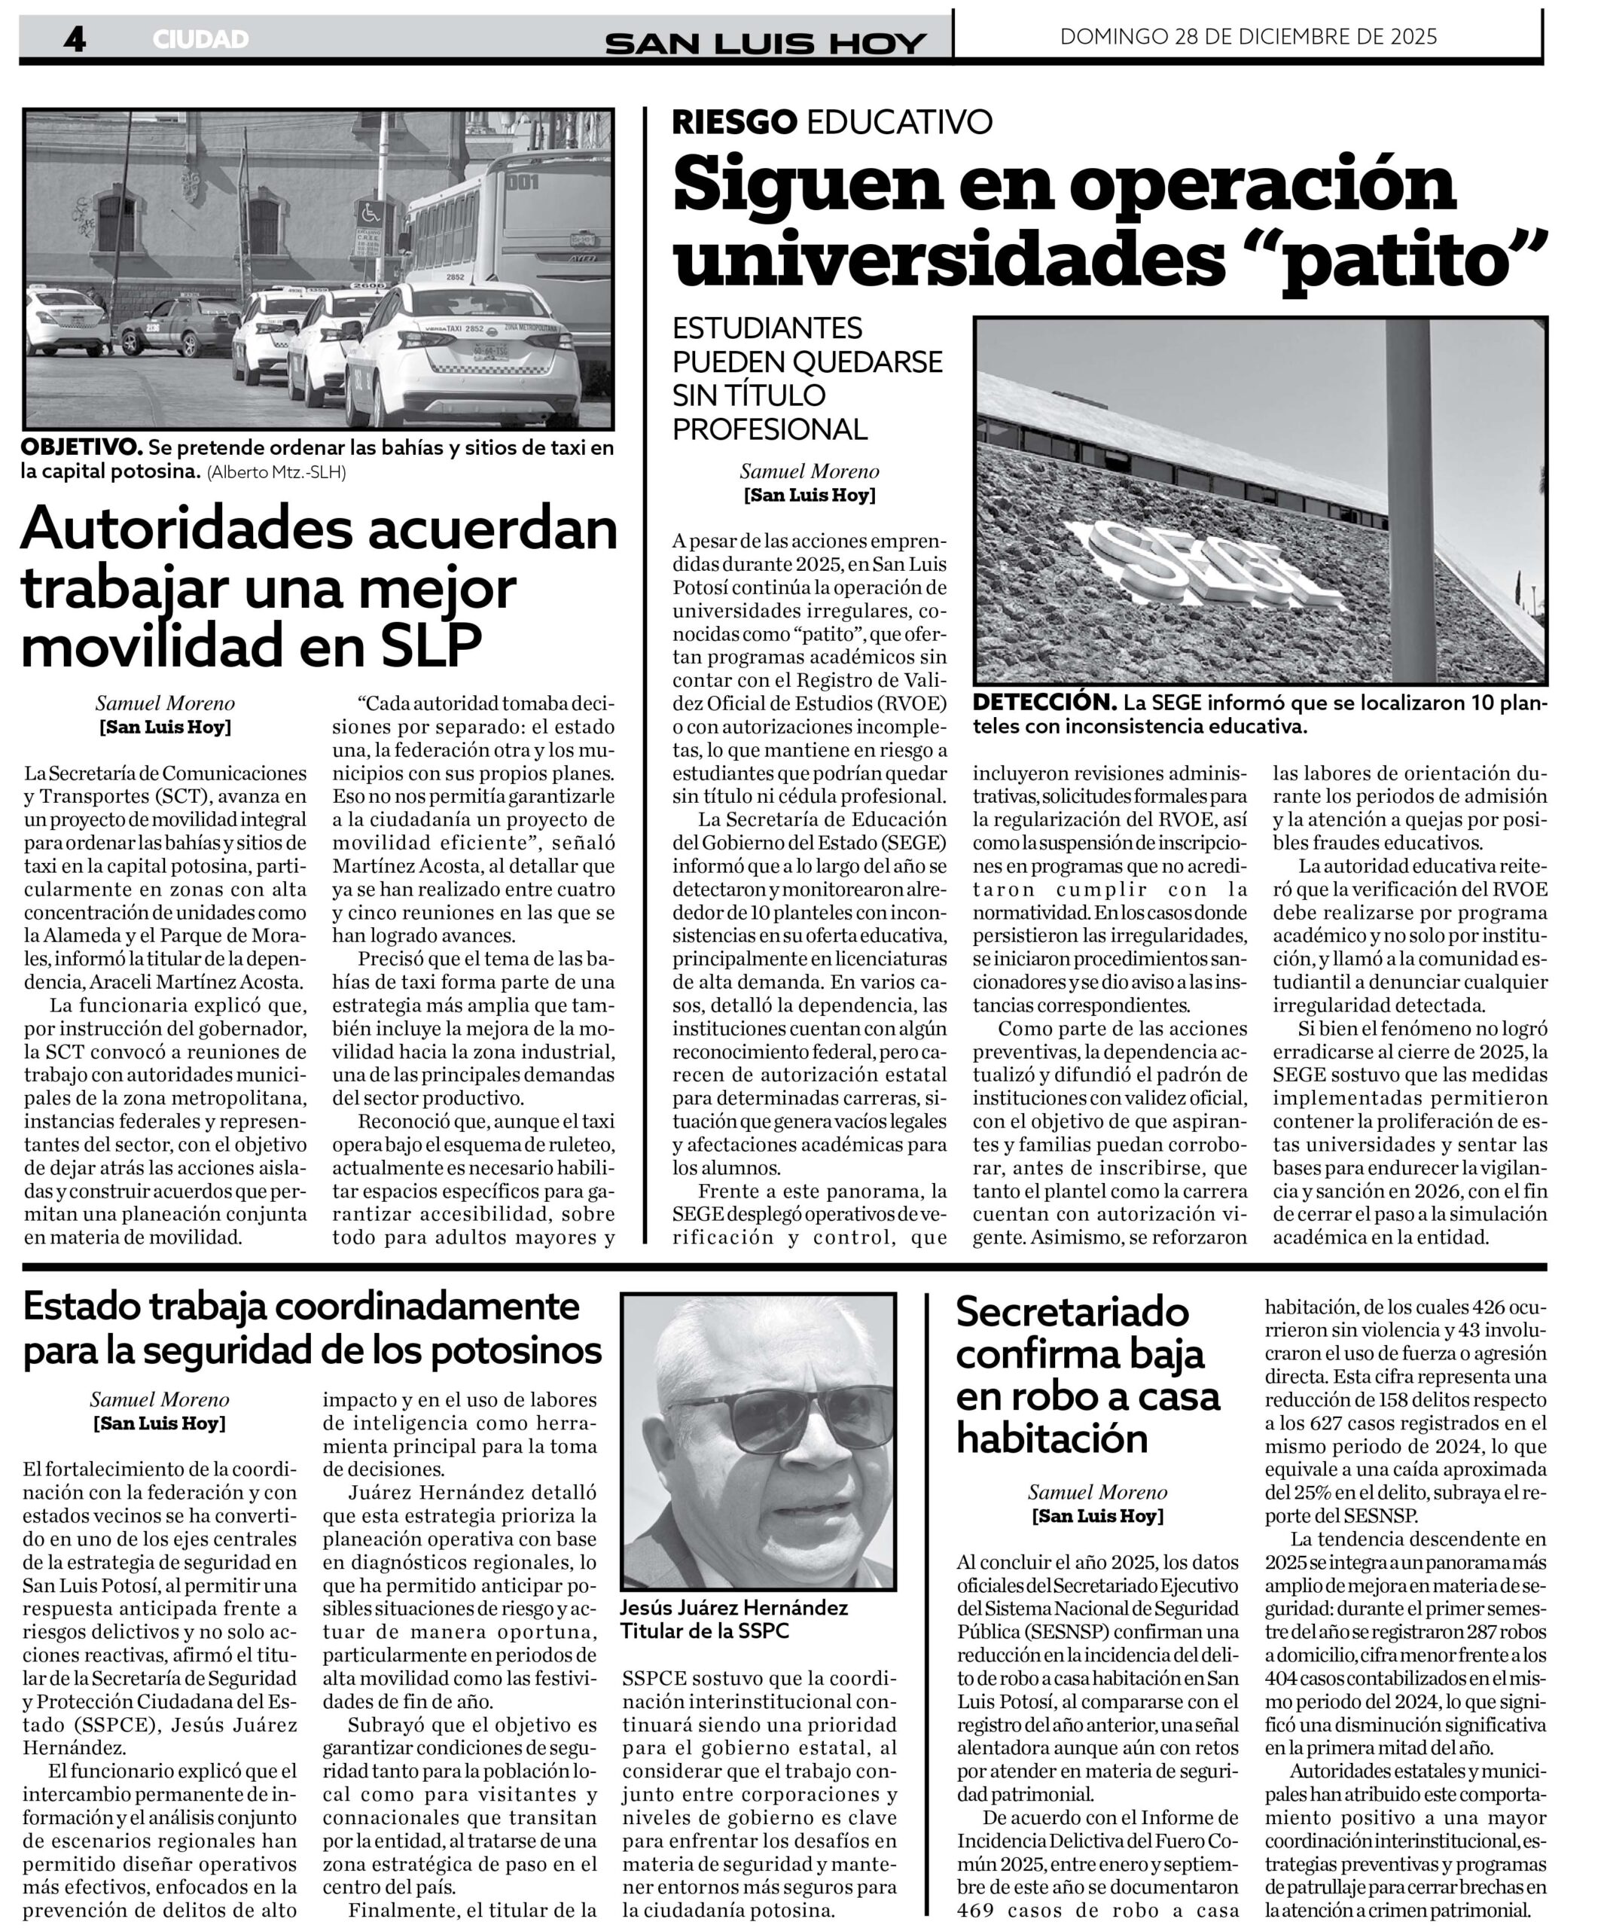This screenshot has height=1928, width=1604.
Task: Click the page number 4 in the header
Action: click(x=75, y=38)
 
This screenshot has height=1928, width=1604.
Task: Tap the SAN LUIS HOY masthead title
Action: click(x=766, y=43)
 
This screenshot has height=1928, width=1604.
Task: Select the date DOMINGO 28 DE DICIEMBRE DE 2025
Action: click(x=1248, y=37)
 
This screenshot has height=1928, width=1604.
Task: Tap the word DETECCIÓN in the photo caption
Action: click(x=1044, y=703)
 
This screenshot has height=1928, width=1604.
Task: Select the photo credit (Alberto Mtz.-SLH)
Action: click(x=276, y=472)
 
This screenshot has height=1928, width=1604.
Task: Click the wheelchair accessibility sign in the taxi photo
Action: click(x=370, y=214)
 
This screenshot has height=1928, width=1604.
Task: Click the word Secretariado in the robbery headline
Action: click(x=1072, y=1311)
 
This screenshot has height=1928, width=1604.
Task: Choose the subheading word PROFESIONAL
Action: click(x=770, y=429)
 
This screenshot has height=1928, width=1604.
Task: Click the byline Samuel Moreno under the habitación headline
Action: click(x=1097, y=1492)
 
